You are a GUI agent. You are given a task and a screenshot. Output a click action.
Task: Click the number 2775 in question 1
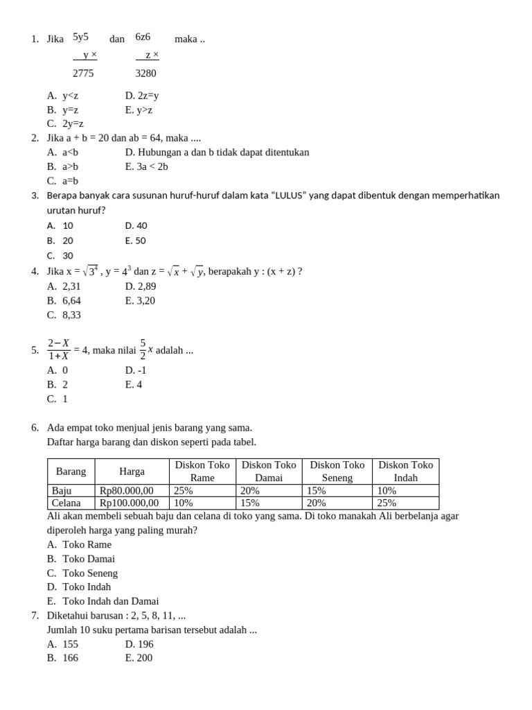[83, 73]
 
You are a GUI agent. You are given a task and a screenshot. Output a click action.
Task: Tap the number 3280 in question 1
[147, 73]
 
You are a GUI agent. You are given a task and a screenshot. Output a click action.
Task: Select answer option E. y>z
[139, 110]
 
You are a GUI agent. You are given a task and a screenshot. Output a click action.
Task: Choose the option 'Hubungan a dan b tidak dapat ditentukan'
[217, 152]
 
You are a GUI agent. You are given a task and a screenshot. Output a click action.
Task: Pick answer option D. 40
[136, 225]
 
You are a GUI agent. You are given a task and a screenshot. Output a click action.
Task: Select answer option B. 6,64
[64, 300]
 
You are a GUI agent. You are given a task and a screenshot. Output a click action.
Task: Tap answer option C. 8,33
[64, 315]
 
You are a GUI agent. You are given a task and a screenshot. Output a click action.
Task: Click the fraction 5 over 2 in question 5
[143, 349]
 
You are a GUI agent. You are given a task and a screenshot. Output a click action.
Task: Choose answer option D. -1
[136, 370]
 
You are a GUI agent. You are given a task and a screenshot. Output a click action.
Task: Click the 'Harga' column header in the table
[132, 471]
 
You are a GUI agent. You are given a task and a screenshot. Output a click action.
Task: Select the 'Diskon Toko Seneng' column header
[337, 471]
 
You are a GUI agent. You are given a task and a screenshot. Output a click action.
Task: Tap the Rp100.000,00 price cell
[130, 503]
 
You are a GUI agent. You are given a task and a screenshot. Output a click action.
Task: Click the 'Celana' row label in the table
[66, 503]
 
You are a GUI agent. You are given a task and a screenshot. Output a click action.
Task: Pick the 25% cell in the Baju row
[184, 490]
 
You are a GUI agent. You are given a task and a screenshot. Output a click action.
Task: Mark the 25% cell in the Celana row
[387, 503]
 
